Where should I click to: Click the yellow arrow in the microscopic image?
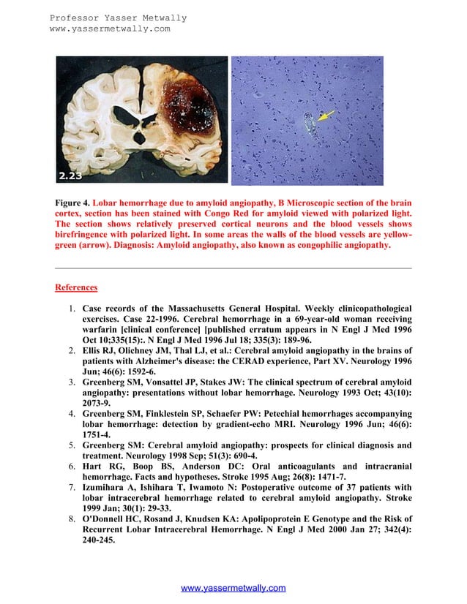point(325,116)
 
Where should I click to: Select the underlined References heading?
point(76,287)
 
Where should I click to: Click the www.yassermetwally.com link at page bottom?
point(233,588)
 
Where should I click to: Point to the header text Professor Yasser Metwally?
point(118,18)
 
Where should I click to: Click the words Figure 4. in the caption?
point(75,202)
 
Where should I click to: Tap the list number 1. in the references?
point(73,309)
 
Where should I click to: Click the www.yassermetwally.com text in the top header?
point(109,29)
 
